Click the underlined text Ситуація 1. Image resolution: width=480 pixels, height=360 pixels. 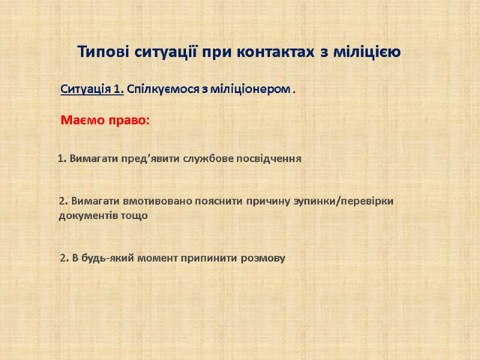coord(92,90)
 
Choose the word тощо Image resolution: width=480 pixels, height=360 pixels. coord(135,215)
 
